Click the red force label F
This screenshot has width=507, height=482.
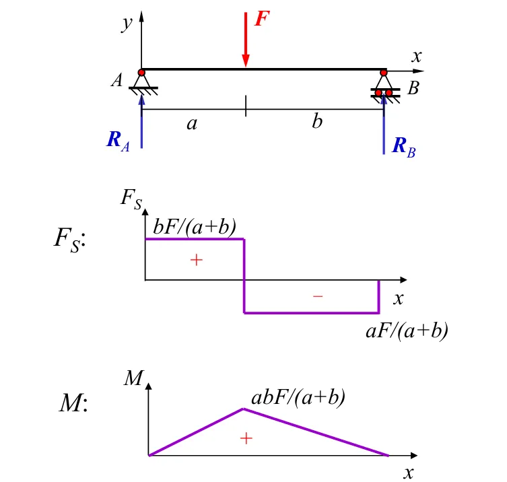coord(261,18)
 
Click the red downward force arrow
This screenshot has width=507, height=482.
coord(245,40)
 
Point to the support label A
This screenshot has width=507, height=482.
coord(117,81)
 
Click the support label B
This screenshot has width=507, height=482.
coord(413,88)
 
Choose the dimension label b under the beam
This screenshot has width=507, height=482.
coord(317,123)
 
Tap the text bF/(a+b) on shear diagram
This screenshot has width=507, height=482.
coord(194,227)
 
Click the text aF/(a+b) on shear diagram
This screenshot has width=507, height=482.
coord(407,330)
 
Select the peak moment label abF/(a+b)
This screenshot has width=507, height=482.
coord(298,397)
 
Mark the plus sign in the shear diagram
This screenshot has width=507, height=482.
coord(196,259)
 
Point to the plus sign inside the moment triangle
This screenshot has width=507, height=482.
coord(246,438)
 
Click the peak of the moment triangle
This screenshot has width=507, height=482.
coord(243,409)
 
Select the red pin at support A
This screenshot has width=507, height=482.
coord(141,73)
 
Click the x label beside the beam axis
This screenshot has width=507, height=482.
coord(417,57)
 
